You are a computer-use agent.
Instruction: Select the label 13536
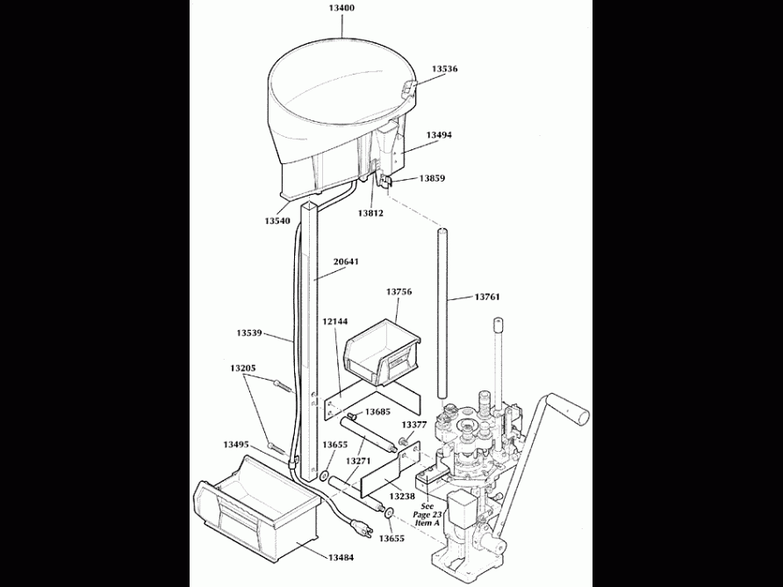point(444,68)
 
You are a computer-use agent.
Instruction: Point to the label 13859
point(432,178)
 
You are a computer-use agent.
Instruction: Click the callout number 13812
point(370,212)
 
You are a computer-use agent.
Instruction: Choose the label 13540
point(277,220)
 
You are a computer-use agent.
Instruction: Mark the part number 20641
point(345,261)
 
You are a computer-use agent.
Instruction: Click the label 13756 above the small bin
point(399,291)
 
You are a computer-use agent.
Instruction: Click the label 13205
point(243,368)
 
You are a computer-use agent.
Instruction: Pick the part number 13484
point(342,557)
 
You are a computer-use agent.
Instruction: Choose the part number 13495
point(236,444)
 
